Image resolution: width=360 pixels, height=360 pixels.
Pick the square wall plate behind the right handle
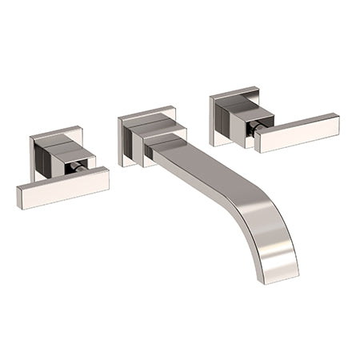click(218, 105)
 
